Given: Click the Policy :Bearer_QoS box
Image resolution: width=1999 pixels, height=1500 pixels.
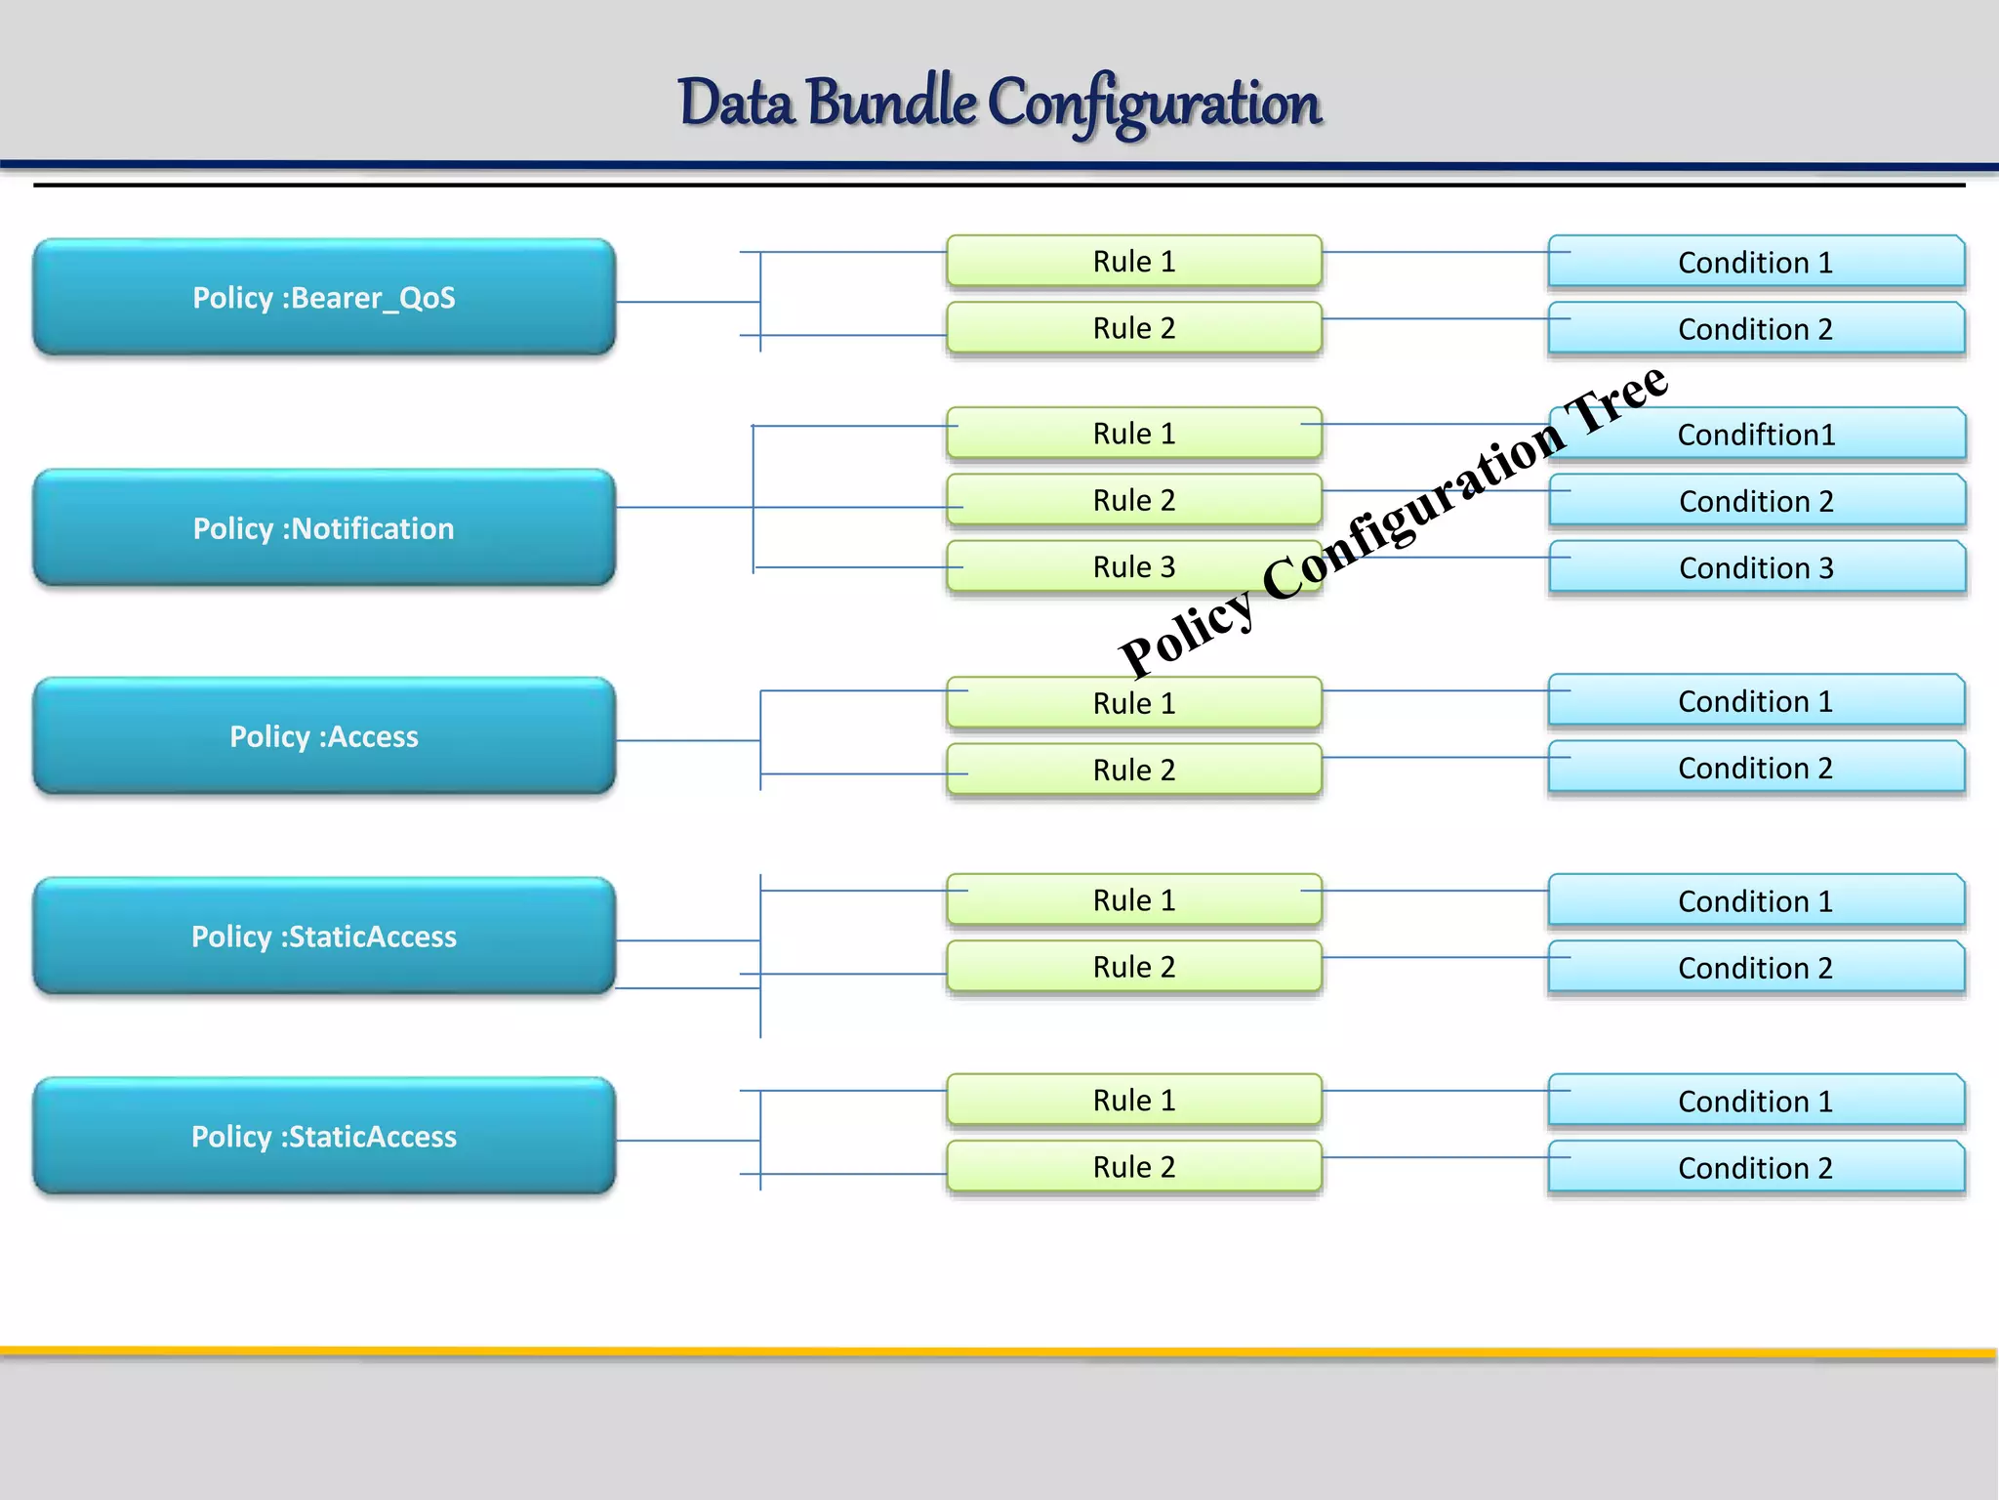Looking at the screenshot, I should [x=323, y=297].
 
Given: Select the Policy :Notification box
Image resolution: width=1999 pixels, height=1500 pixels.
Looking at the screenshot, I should [x=323, y=527].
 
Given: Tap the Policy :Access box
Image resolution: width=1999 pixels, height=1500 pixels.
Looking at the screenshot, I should [x=323, y=735].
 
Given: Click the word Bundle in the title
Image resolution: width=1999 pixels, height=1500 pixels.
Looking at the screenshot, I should [x=891, y=103].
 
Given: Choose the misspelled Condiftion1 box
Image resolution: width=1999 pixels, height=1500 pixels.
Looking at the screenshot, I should [x=1756, y=435].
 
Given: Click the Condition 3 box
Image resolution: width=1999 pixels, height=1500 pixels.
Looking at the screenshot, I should [x=1756, y=567].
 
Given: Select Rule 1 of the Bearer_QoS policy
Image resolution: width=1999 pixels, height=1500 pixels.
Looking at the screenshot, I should [x=1133, y=261].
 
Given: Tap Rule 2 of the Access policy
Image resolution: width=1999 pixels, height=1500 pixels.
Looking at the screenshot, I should [x=1133, y=770].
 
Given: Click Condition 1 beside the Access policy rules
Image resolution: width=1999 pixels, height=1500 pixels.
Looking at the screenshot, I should [x=1755, y=701].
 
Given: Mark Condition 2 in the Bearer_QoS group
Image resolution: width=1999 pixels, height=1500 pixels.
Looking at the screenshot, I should [x=1755, y=329].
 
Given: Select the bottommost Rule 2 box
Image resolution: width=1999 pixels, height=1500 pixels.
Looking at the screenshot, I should [x=1133, y=1166].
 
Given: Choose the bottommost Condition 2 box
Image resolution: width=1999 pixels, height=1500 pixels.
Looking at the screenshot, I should [x=1755, y=1168].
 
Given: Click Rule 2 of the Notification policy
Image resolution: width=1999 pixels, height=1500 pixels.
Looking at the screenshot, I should [x=1133, y=500].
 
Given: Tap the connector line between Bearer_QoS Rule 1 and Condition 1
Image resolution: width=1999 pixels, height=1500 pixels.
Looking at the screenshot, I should [x=1435, y=252].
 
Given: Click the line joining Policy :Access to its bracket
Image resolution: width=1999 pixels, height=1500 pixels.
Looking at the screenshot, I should [x=687, y=740].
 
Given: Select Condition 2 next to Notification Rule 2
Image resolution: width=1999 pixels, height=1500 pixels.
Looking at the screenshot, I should [x=1756, y=501].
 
